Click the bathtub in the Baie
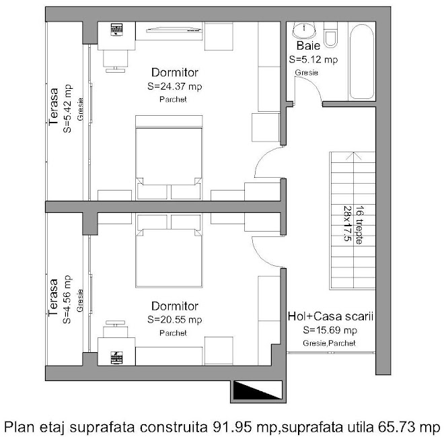(x=362, y=62)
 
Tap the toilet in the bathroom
(x=331, y=34)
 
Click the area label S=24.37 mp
(x=175, y=86)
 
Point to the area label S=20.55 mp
(x=175, y=320)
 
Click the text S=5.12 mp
(x=313, y=59)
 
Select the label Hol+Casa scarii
(x=330, y=316)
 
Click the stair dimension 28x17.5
(x=347, y=224)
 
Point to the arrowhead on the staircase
(x=354, y=156)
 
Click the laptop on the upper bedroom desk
(x=116, y=30)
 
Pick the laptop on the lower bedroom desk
(x=116, y=358)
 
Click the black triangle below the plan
(x=257, y=390)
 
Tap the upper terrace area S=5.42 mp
(x=68, y=108)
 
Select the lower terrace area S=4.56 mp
(x=68, y=300)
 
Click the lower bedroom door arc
(x=260, y=256)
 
